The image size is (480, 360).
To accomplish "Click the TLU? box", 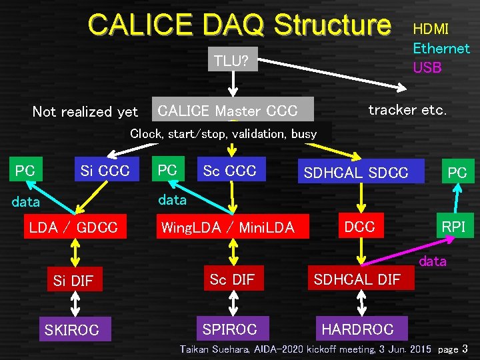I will coord(231,61).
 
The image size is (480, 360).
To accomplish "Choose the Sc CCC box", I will coord(230,171).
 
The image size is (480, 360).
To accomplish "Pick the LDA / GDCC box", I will coord(73,227).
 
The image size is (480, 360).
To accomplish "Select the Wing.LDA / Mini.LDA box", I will coord(227,227).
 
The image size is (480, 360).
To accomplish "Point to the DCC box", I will coord(359,227).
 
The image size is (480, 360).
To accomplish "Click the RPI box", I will coord(453,227).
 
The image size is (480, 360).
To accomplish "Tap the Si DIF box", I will coord(73,281).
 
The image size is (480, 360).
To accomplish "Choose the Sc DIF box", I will coord(232,279).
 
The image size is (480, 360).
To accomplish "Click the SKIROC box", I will coord(71,329).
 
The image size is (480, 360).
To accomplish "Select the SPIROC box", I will coord(229,329).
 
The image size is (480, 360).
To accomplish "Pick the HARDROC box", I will coord(357,329).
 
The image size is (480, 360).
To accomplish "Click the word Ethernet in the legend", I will coord(441,48).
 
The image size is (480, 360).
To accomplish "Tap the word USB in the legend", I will coord(427,67).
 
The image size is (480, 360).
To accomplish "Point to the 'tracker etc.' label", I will coord(407,110).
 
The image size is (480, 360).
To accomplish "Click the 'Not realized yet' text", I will coord(85,112).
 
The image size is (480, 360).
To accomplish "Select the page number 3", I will coord(465,349).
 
